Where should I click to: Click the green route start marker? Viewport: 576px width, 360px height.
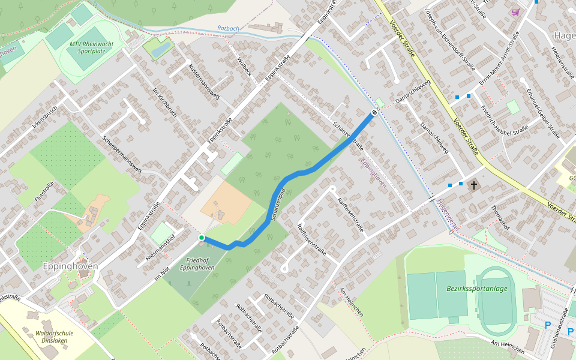[x=202, y=238]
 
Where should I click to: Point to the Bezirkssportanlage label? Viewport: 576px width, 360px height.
[x=476, y=288]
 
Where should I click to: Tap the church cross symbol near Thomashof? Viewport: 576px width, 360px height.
[x=474, y=185]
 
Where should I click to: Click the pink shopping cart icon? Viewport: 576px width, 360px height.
[x=515, y=12]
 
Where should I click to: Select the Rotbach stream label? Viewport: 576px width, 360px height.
[x=229, y=28]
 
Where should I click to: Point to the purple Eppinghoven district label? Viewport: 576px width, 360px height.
[x=373, y=173]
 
